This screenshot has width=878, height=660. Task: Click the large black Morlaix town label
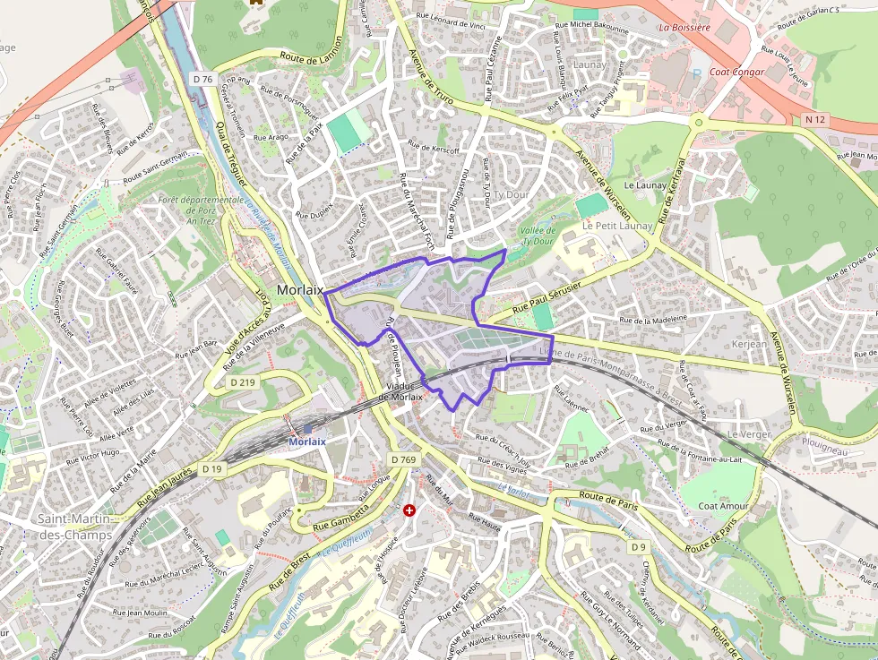pos(300,290)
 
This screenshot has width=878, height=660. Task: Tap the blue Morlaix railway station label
pos(306,441)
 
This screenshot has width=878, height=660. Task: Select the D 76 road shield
pos(202,80)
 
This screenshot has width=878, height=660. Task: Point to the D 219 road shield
pos(243,382)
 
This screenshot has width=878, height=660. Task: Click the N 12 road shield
pos(814,119)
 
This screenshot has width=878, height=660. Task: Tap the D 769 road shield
pos(404,459)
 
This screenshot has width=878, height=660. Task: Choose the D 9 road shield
pos(638,546)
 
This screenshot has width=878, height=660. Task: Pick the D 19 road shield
pos(211,468)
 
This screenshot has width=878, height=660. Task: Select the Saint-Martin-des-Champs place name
pos(74,527)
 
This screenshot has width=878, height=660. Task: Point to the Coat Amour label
pos(723,506)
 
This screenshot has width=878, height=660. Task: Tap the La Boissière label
pos(684,28)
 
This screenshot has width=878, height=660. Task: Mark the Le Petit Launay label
pos(617,226)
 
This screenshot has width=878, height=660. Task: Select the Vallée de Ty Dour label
pos(538,236)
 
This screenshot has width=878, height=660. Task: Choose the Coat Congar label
pos(736,73)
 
